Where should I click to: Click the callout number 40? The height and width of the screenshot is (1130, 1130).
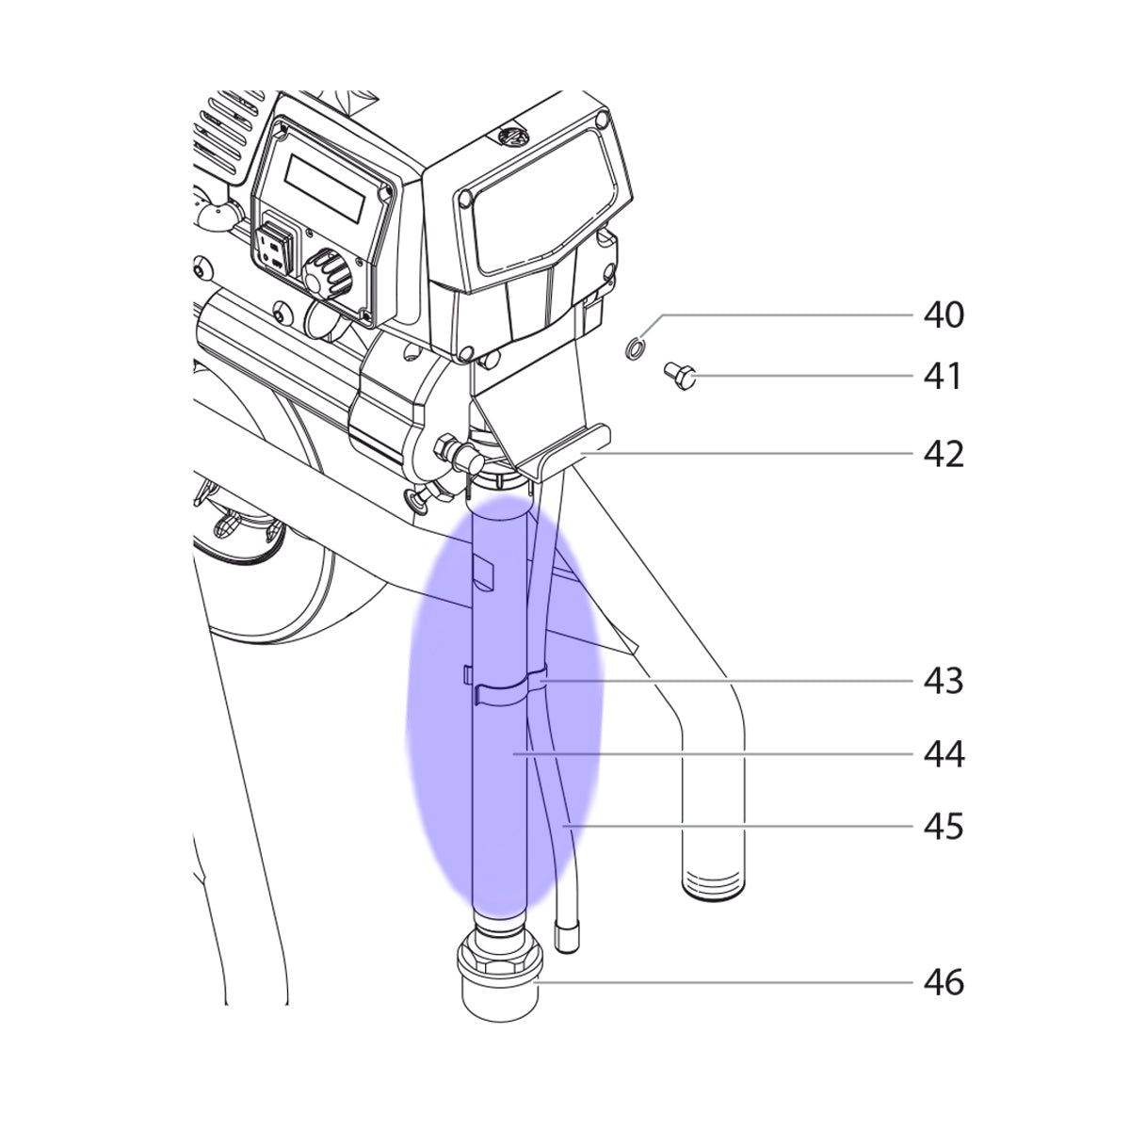pyautogui.click(x=944, y=315)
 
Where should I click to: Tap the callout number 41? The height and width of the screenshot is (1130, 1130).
pyautogui.click(x=944, y=377)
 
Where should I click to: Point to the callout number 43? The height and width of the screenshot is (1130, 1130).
pyautogui.click(x=944, y=682)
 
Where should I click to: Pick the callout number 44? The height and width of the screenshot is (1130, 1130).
pyautogui.click(x=944, y=754)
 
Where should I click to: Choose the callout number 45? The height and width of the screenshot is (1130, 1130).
pyautogui.click(x=944, y=826)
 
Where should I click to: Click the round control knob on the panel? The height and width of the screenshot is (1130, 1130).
pyautogui.click(x=326, y=272)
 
